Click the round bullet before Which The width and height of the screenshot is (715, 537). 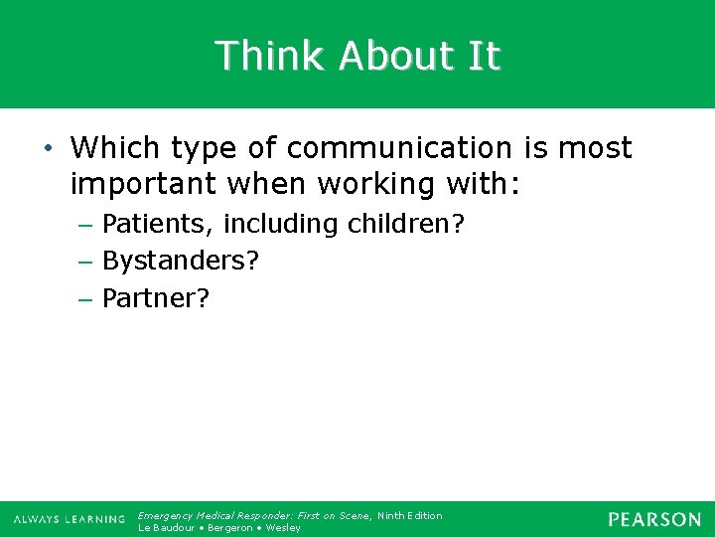(x=50, y=149)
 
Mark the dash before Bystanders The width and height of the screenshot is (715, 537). (x=84, y=262)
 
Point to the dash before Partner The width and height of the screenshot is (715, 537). (x=84, y=298)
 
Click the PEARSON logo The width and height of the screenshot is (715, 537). (x=654, y=519)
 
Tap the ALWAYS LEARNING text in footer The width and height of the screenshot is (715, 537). (x=70, y=519)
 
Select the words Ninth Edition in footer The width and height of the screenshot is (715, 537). (x=410, y=515)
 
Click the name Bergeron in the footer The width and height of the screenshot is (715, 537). (x=230, y=527)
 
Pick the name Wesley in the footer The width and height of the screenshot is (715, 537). (x=283, y=527)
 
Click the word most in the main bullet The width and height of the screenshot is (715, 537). (x=594, y=148)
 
